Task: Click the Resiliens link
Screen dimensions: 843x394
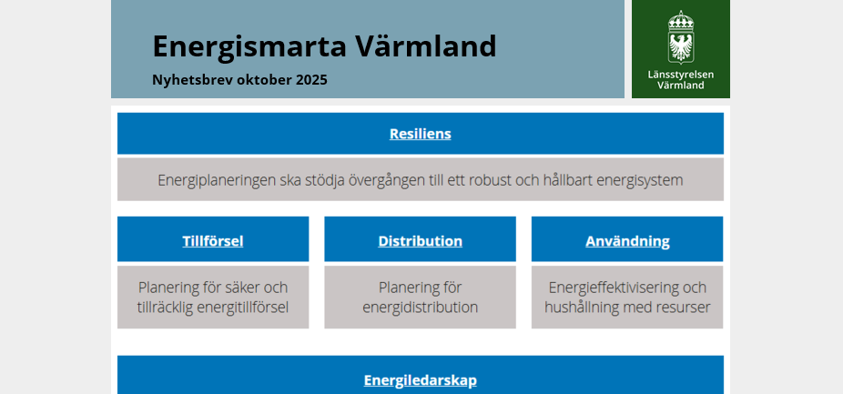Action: [x=421, y=134]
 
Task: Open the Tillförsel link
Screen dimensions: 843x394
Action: [x=213, y=241]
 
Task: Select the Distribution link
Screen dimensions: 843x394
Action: [x=420, y=241]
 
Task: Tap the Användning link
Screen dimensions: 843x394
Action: [x=627, y=241]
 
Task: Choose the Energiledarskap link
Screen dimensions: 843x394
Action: [x=421, y=380]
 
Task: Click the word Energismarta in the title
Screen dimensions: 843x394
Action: [x=249, y=47]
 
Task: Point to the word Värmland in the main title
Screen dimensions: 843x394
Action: [x=425, y=46]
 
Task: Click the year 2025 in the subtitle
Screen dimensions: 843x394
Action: [x=311, y=80]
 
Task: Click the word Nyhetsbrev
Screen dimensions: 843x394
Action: [x=193, y=81]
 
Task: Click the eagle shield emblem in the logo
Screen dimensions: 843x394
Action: [x=681, y=47]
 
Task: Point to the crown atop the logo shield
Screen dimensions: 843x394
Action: [x=681, y=20]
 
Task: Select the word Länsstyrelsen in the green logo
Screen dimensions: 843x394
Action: [x=681, y=75]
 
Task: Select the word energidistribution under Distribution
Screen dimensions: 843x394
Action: [x=420, y=308]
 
